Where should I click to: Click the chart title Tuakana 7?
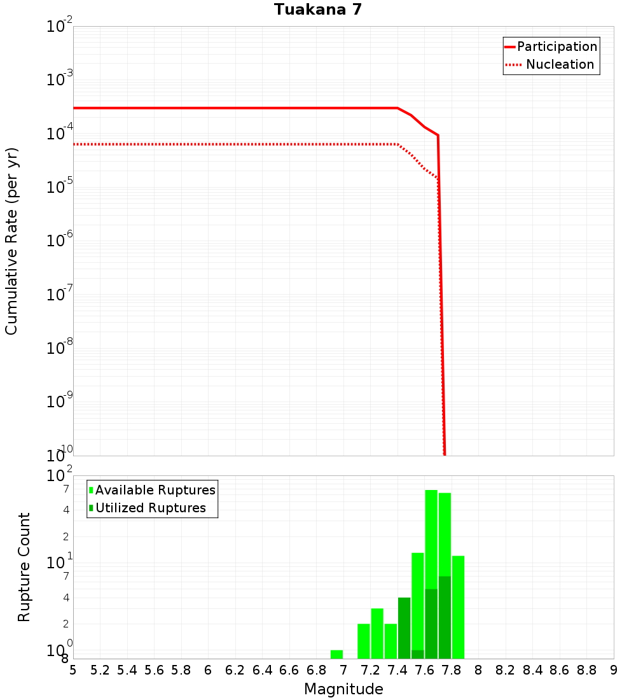pos(318,10)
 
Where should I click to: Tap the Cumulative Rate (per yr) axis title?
pos(11,241)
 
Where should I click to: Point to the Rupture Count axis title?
pos(24,567)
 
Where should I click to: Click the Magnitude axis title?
pos(343,689)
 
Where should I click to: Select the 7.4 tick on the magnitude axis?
pos(397,670)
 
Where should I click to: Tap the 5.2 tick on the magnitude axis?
pos(100,670)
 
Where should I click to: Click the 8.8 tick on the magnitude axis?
pos(586,670)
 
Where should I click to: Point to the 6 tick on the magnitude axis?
pos(208,670)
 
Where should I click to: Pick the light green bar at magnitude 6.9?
pos(336,654)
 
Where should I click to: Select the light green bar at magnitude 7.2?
pos(377,633)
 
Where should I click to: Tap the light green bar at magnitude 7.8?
pos(458,607)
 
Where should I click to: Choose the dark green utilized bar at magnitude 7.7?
pos(445,617)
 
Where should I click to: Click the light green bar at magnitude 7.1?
pos(364,641)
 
